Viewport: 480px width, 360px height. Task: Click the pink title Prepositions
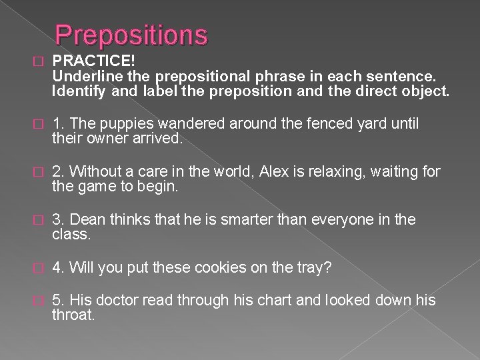(x=131, y=35)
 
